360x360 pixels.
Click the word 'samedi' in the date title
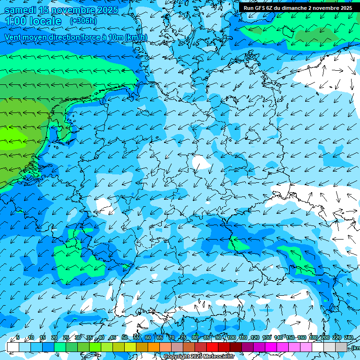point(21,10)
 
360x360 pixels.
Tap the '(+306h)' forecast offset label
point(83,21)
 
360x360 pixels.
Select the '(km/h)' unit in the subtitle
point(135,37)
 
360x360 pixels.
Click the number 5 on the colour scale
point(18,337)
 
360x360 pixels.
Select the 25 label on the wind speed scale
point(66,337)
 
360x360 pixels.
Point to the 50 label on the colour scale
point(125,337)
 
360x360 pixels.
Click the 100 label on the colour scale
point(232,337)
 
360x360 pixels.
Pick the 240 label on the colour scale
point(349,337)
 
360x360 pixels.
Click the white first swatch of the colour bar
point(13,347)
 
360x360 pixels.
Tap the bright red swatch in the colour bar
point(212,347)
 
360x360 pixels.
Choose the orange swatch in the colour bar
point(154,347)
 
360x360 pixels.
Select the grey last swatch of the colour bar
point(341,347)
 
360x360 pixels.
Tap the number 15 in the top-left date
point(45,10)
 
